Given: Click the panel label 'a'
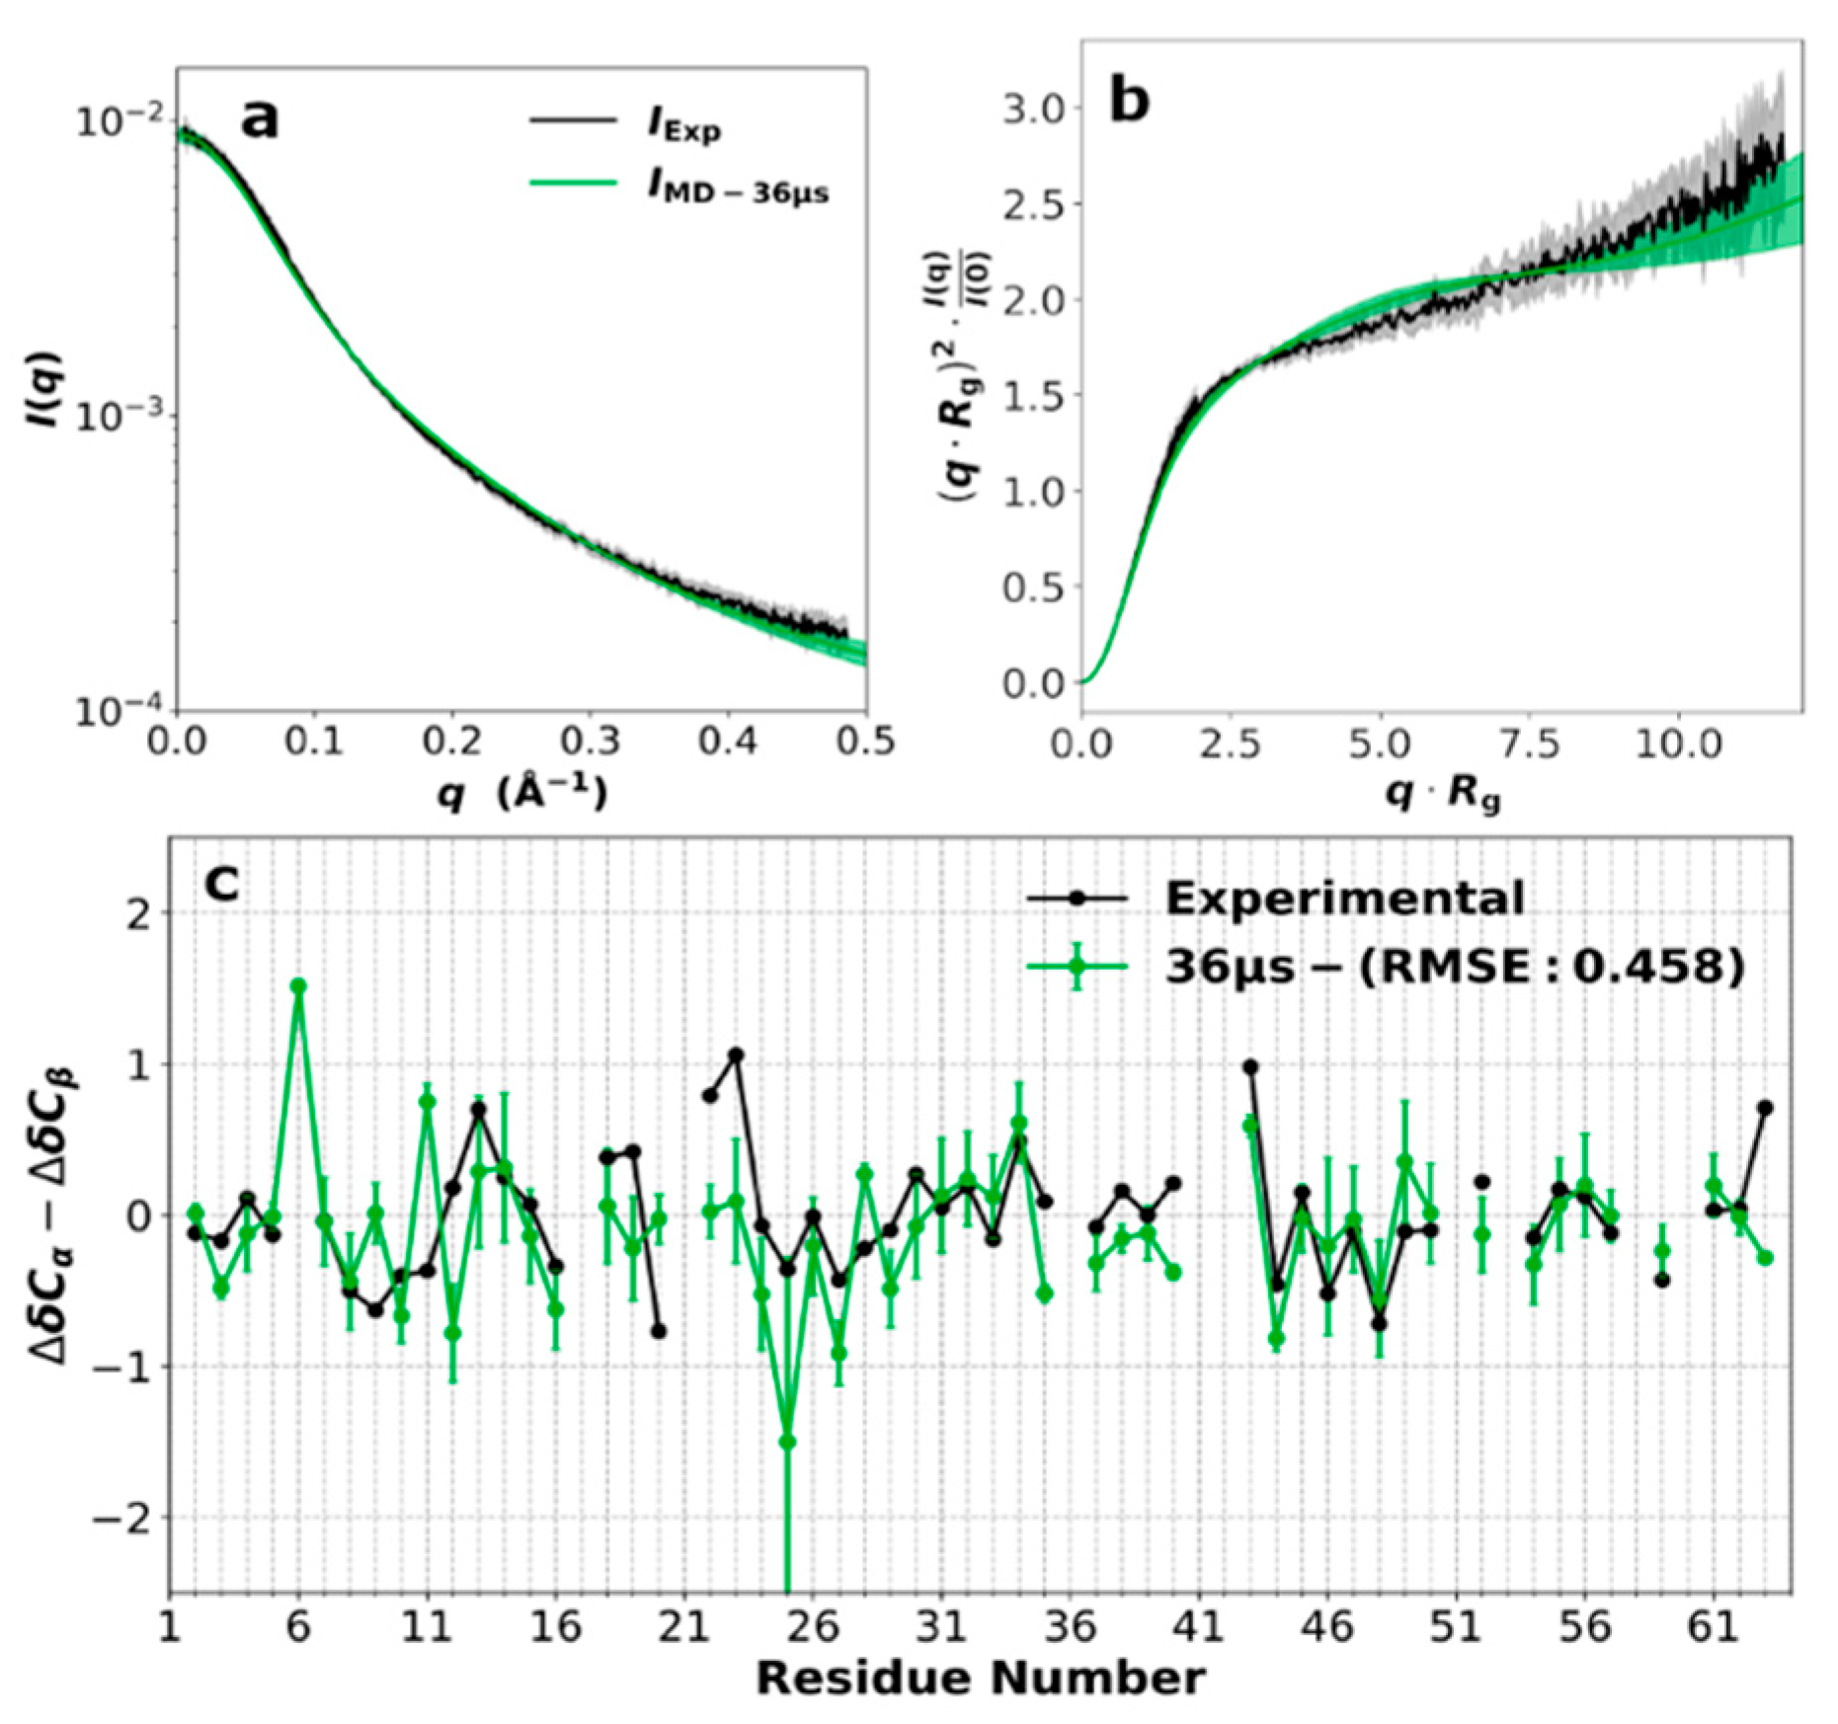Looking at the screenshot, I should pos(260,119).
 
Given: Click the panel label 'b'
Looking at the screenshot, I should pos(1129,101).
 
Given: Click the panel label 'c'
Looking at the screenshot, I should pos(221,884).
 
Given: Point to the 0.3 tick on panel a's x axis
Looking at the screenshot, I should pos(591,741).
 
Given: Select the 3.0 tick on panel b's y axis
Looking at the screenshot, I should pos(1034,108).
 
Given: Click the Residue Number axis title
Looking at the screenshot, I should pos(980,1678).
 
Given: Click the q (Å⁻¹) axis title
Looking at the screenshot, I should pos(521,793).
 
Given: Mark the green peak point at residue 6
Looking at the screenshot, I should pos(298,986).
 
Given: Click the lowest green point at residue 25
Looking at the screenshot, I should pos(787,1442).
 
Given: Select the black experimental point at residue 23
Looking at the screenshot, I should pos(736,1055).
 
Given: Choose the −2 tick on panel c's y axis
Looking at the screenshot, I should pos(115,1518).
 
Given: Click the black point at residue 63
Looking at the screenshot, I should pos(1765,1108).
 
